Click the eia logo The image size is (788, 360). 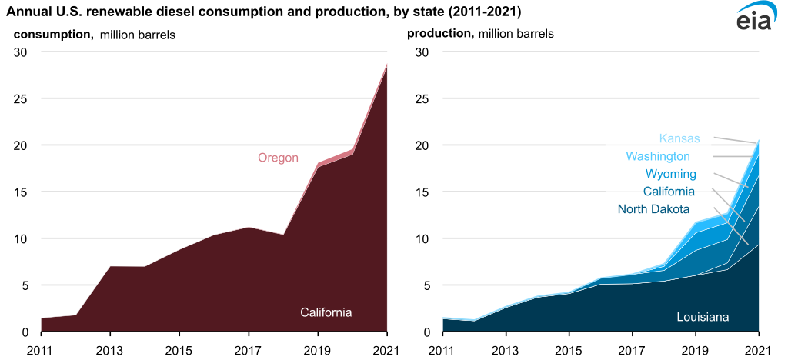click(x=759, y=18)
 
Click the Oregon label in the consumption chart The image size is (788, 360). click(x=278, y=158)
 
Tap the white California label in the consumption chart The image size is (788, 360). click(x=326, y=312)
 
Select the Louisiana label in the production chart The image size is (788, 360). click(x=703, y=317)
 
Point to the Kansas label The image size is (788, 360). click(x=679, y=139)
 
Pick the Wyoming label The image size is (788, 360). click(x=670, y=174)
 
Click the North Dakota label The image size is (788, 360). click(x=653, y=209)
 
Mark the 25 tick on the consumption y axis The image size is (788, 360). click(x=22, y=99)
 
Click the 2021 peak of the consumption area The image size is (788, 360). click(x=386, y=65)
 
